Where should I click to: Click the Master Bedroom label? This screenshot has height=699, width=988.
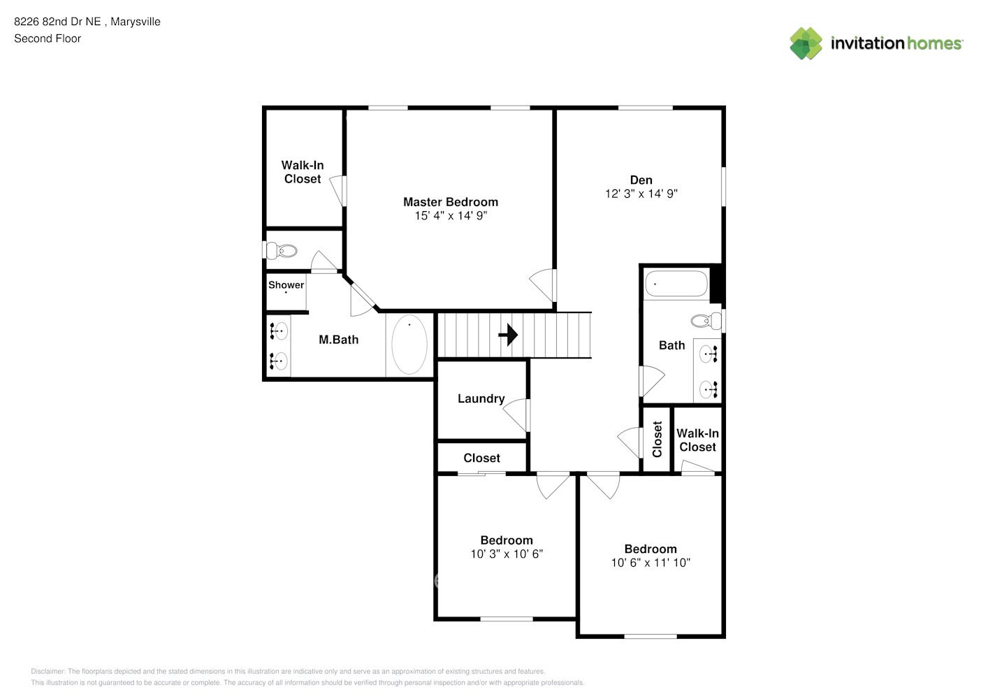tap(451, 202)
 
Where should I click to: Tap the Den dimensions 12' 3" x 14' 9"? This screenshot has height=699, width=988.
tap(641, 194)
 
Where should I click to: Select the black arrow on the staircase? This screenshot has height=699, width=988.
tap(508, 335)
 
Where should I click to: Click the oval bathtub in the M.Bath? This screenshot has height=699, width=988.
tap(409, 345)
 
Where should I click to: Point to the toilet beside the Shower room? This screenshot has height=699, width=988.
tap(281, 251)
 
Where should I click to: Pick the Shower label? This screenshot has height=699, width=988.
tap(286, 284)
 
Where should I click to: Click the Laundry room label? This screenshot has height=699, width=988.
tap(481, 399)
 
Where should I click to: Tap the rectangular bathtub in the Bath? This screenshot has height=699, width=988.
tap(676, 283)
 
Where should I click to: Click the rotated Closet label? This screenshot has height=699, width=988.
tap(658, 439)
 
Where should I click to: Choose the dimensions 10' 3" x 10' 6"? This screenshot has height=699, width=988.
tap(507, 554)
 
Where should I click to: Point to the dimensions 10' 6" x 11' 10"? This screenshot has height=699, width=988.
tap(651, 563)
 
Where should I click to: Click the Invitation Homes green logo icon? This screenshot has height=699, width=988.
tap(806, 43)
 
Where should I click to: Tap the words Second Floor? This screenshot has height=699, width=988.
tap(48, 39)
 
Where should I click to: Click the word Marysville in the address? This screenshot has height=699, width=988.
tap(136, 22)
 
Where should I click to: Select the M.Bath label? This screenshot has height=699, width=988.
tap(338, 340)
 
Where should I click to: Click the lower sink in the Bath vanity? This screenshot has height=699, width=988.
tap(709, 389)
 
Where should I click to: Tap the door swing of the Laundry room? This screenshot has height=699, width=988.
tap(515, 415)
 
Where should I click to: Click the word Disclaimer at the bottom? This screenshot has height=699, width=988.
tap(48, 671)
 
